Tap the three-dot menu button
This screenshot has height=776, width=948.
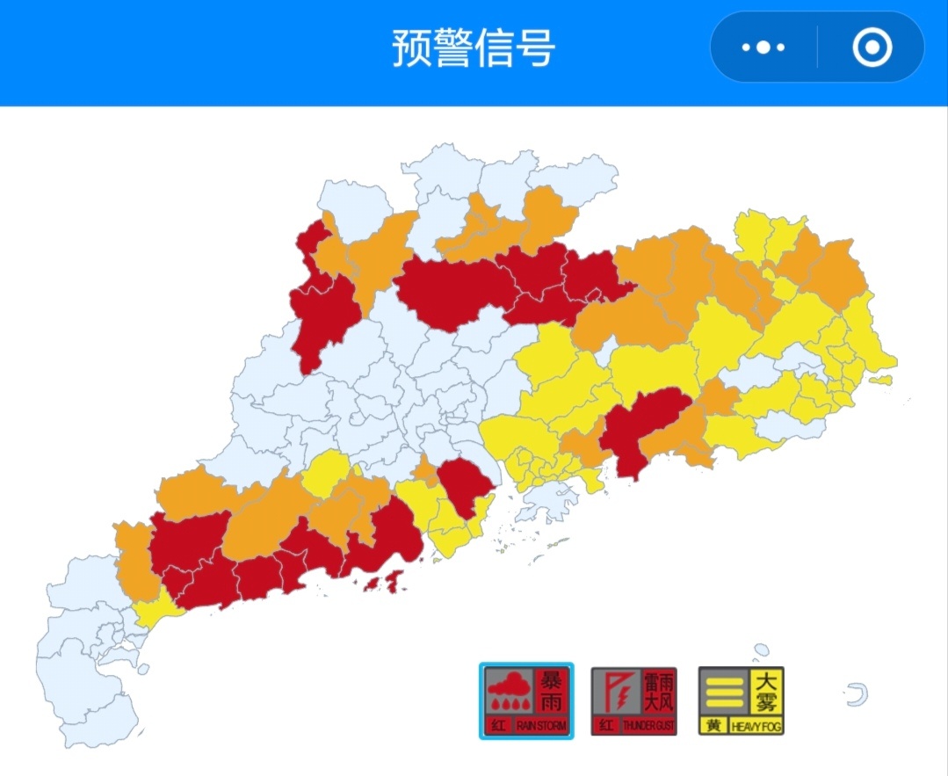(x=763, y=47)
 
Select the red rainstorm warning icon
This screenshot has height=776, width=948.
(x=526, y=700)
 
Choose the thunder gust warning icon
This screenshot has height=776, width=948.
(x=633, y=700)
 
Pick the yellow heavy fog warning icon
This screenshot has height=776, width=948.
(x=741, y=700)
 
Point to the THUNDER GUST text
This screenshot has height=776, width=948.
(x=648, y=727)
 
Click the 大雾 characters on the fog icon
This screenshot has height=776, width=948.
(x=765, y=691)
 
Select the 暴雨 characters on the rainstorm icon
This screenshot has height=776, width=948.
(x=552, y=691)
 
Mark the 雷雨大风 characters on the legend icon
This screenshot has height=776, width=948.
(x=659, y=691)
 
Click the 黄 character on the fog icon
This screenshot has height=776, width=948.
(x=713, y=727)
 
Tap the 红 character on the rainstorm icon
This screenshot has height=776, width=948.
(x=498, y=727)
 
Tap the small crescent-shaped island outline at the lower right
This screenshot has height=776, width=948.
(x=858, y=695)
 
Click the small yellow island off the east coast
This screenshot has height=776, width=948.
(x=880, y=381)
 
